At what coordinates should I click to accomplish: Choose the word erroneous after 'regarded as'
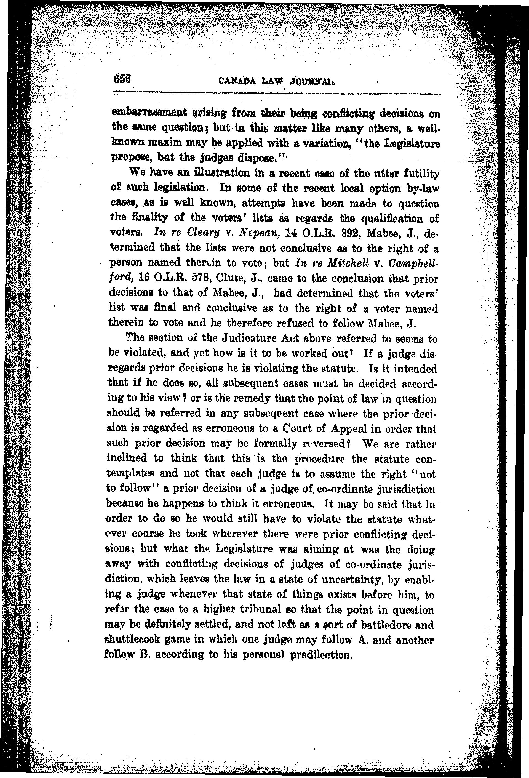coord(239,429)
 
